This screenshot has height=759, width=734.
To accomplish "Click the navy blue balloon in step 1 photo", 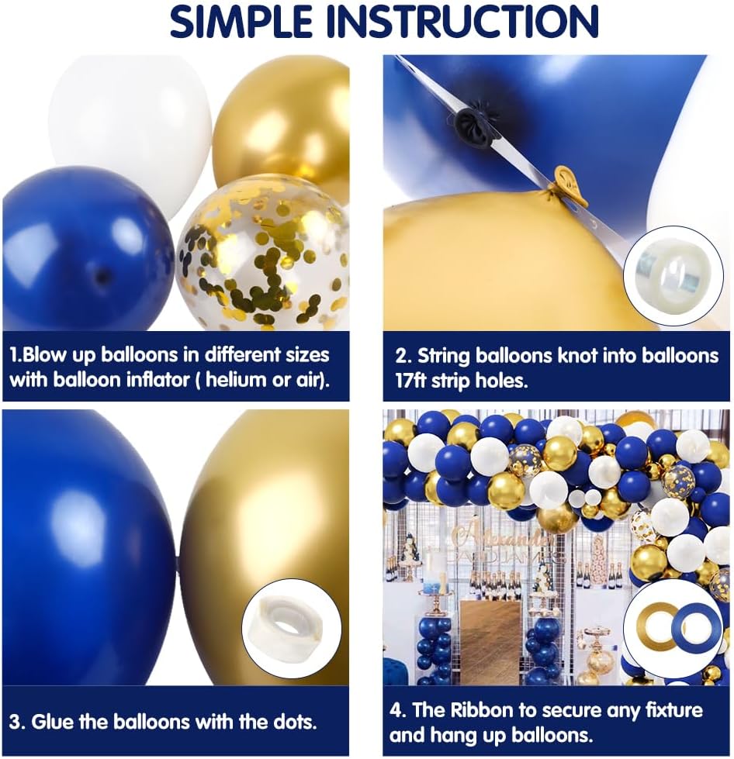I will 85,248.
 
